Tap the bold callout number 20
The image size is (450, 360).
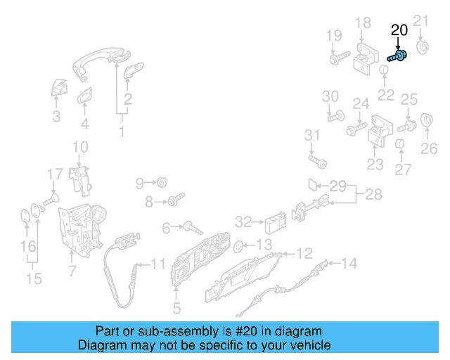(x=399, y=30)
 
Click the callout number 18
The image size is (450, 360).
(x=362, y=23)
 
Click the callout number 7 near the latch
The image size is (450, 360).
(x=71, y=271)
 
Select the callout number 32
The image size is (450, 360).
(x=243, y=222)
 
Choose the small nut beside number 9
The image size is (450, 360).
(x=161, y=183)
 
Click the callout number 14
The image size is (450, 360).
(x=349, y=264)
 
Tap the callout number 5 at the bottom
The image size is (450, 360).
(x=176, y=307)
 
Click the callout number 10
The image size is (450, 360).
(x=80, y=148)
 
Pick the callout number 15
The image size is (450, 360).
(x=33, y=278)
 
